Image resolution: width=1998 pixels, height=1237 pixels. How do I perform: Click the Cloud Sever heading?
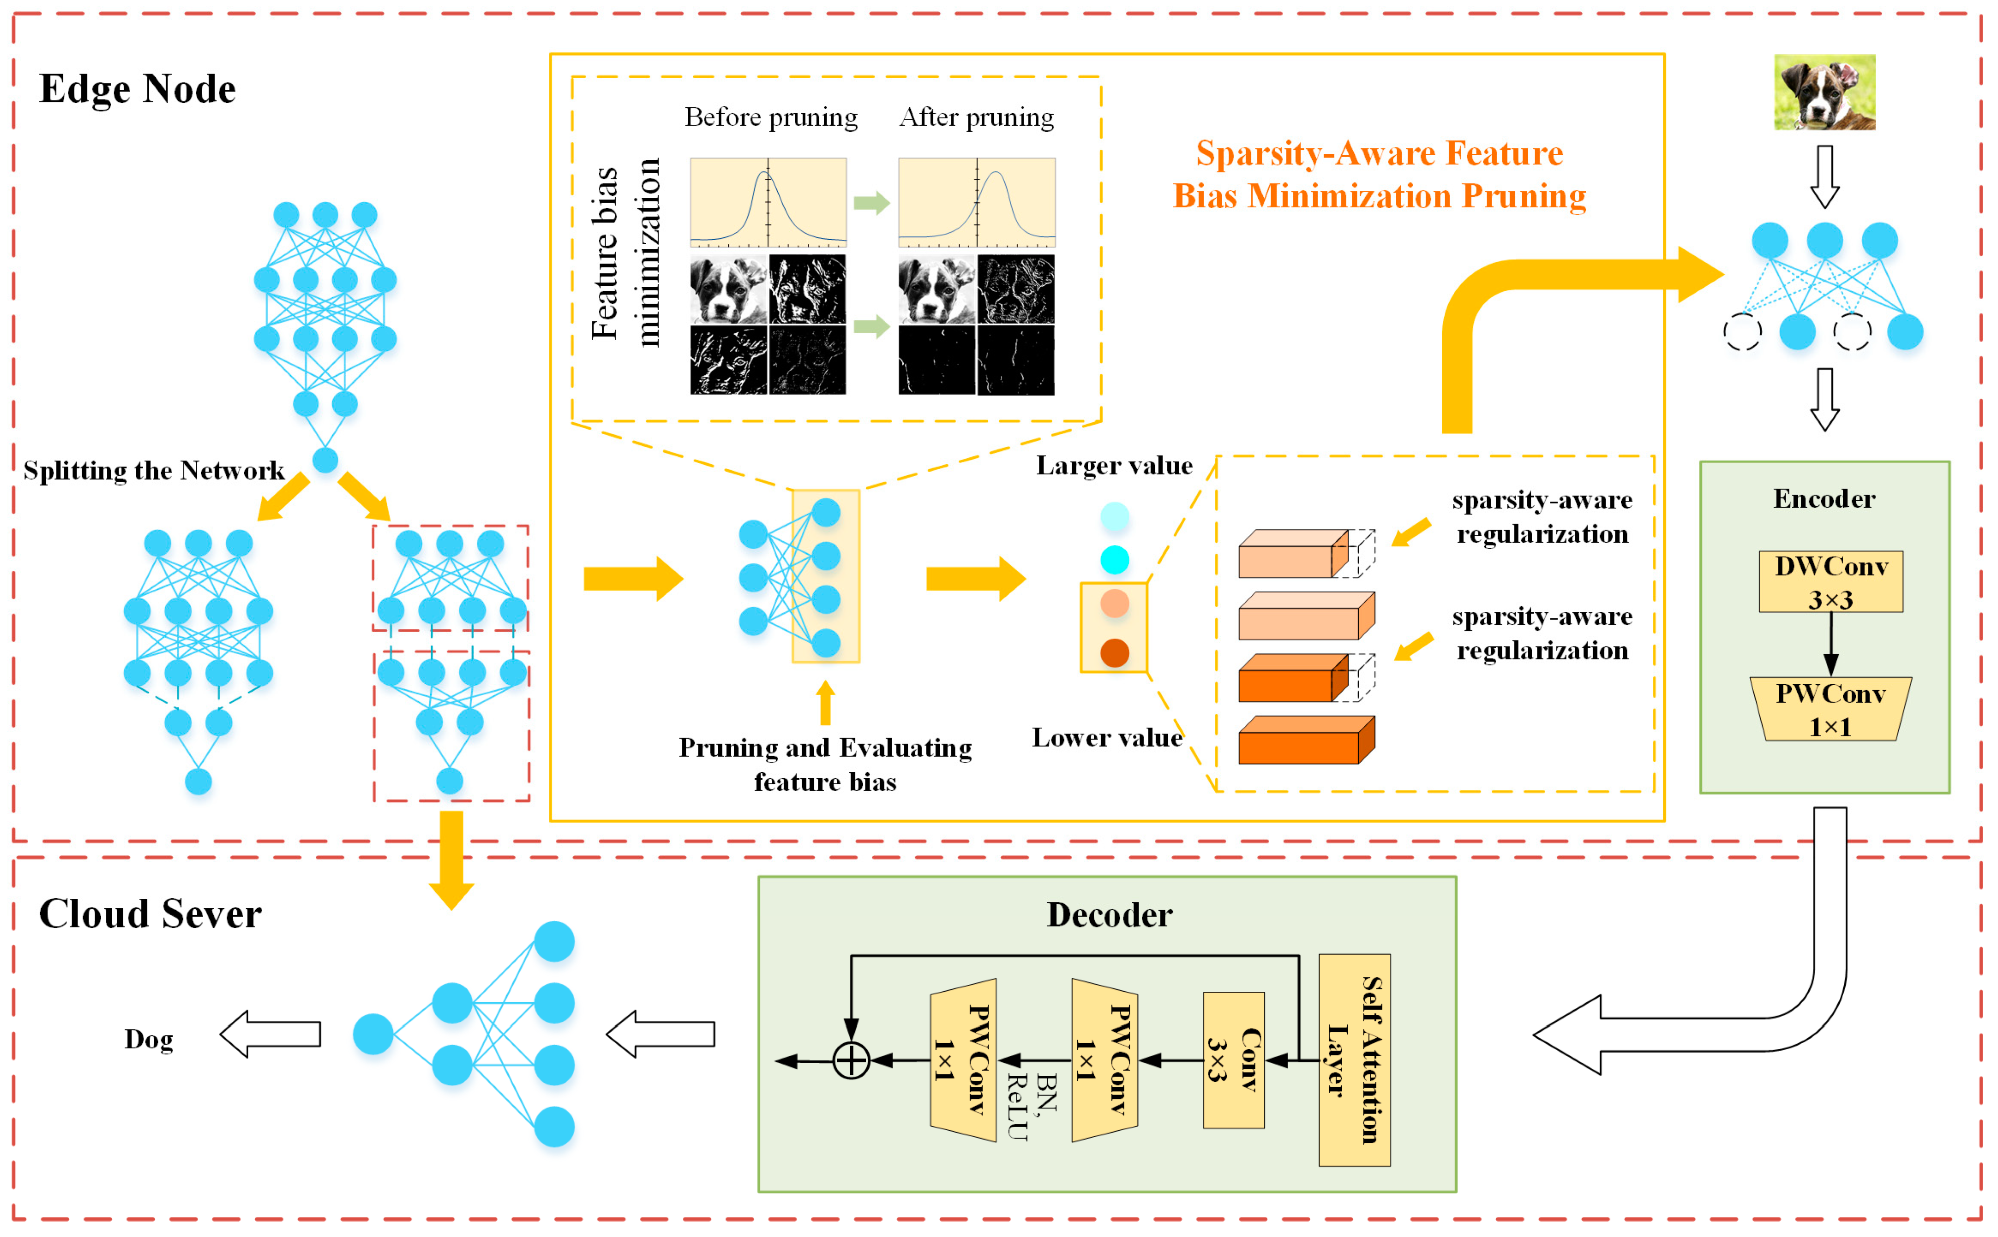(150, 914)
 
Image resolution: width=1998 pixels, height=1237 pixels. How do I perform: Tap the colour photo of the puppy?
(1824, 92)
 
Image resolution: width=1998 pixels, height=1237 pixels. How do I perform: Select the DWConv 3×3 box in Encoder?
(1830, 582)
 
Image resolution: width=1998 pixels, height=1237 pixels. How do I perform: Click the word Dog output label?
(148, 1039)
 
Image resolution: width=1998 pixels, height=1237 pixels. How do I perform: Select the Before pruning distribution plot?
(767, 202)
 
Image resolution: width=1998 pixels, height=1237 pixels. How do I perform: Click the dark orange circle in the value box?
(1114, 653)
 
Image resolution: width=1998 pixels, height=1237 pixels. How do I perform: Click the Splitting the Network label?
(154, 470)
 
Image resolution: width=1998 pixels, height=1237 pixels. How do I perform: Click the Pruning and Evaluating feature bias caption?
(825, 764)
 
